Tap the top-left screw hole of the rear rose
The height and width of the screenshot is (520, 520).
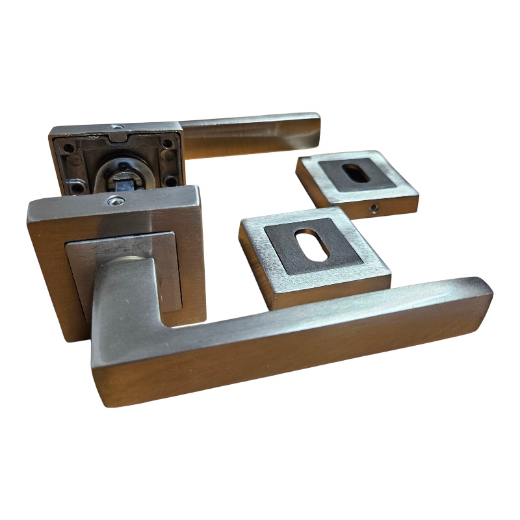pyautogui.click(x=64, y=146)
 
